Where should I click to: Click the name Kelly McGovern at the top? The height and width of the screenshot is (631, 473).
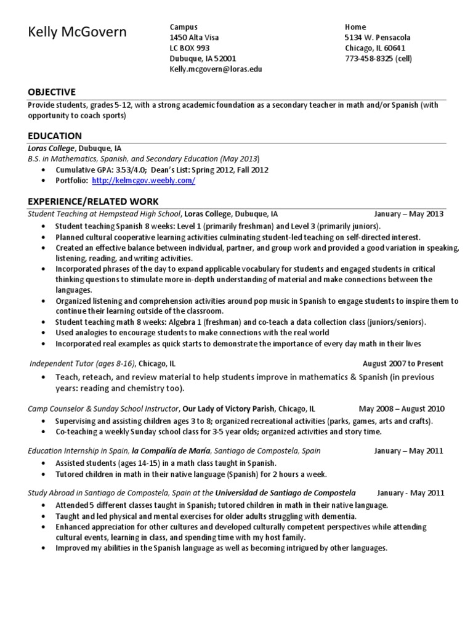(x=77, y=32)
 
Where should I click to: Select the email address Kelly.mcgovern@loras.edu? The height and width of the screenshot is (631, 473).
(x=216, y=70)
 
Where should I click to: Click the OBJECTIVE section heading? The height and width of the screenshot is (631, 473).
(x=52, y=92)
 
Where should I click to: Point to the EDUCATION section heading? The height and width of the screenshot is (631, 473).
(x=55, y=136)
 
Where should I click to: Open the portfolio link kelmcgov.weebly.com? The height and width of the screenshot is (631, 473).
(x=144, y=181)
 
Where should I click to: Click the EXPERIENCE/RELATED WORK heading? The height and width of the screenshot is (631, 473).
(x=93, y=202)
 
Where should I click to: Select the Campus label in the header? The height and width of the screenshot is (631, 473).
(x=184, y=27)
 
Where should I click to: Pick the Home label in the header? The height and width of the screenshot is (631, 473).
(x=355, y=27)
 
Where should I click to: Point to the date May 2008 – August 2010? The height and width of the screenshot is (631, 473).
(x=402, y=409)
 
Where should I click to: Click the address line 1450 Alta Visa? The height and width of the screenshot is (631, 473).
(x=195, y=38)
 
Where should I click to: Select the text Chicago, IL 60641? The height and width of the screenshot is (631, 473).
(x=375, y=48)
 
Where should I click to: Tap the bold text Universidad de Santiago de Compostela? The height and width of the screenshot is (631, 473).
(x=286, y=493)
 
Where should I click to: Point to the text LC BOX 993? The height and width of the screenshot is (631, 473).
(x=190, y=48)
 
